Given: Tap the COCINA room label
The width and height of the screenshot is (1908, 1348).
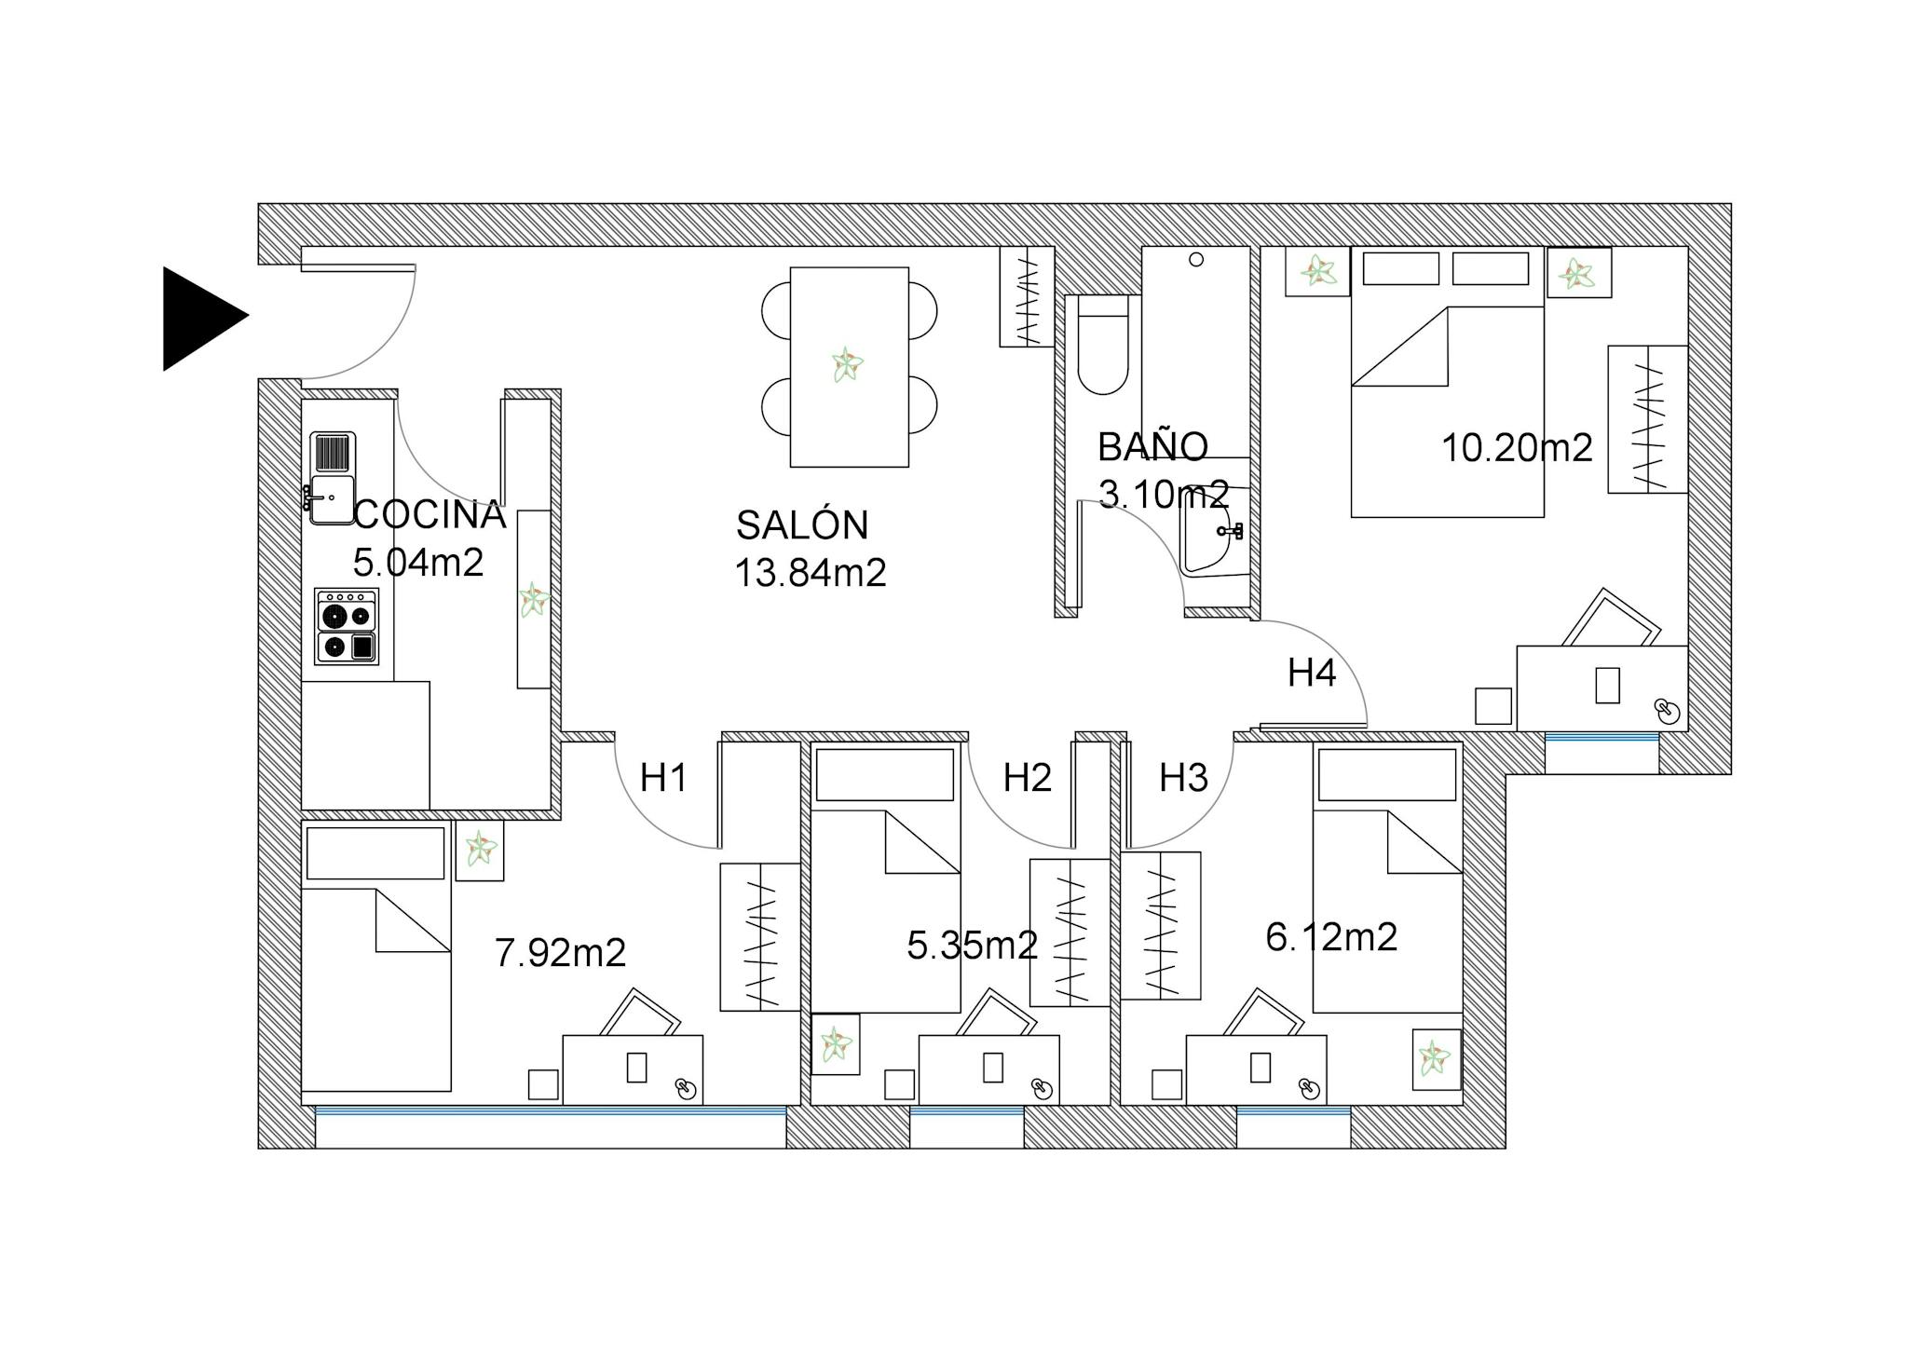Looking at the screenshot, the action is (429, 514).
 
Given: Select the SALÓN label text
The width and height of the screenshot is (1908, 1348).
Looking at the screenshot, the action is (802, 525).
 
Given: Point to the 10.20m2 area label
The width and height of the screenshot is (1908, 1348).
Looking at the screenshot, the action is (1517, 448).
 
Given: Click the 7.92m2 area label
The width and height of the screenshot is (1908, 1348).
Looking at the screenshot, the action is (560, 953).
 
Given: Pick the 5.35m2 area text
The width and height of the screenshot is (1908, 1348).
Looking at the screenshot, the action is (972, 946).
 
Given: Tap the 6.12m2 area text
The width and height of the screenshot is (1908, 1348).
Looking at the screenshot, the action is (1331, 937).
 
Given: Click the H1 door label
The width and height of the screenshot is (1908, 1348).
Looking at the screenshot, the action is (663, 777).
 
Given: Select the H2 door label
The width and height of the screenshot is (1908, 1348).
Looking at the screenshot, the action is (1028, 777).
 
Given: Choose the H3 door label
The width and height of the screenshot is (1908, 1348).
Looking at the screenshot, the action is (1183, 777).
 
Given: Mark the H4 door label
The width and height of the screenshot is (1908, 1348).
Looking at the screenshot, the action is (1312, 673).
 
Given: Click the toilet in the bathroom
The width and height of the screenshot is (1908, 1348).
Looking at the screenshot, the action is (1103, 354).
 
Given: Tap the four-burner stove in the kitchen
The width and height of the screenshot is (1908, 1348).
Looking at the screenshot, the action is (347, 626).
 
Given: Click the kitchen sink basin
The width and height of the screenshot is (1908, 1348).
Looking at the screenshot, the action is (331, 499).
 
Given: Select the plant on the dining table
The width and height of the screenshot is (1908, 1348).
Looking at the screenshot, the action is (847, 364).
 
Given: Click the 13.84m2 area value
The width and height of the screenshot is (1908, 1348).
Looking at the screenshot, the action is (811, 573).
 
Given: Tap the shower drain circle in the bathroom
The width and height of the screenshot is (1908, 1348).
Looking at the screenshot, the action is (1196, 260).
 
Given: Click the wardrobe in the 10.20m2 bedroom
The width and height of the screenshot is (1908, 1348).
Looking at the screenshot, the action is (1648, 419).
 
